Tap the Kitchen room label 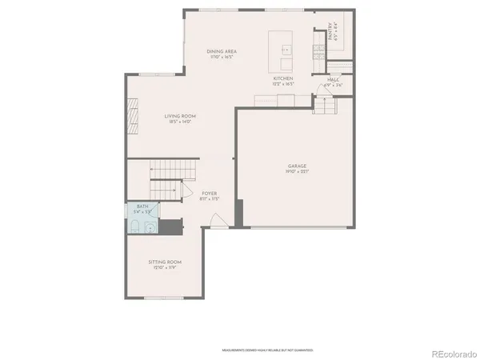click(x=284, y=78)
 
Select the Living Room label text click(x=180, y=116)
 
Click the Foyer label click(x=209, y=193)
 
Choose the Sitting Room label click(x=165, y=262)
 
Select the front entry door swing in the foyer click(x=214, y=220)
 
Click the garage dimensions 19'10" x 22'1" click(x=298, y=171)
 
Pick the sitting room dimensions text click(x=165, y=267)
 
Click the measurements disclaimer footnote click(x=267, y=350)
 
